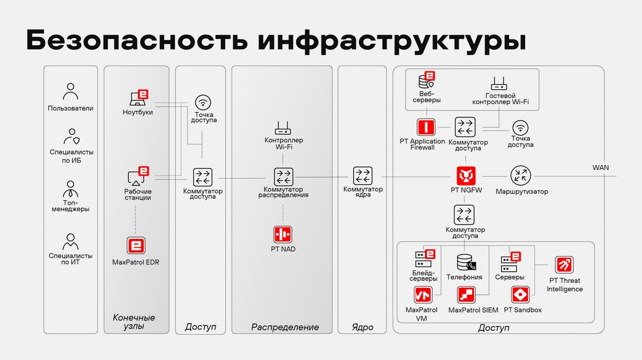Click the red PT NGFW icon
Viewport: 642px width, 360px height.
pos(464,174)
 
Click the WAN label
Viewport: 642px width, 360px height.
pos(600,167)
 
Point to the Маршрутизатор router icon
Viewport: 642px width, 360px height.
pos(520,175)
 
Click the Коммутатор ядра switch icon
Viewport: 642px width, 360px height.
pos(362,175)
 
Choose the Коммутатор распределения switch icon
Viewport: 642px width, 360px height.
pos(283,176)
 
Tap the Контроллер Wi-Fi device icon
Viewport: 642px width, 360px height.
pos(283,129)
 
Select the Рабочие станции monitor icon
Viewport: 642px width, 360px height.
pos(137,176)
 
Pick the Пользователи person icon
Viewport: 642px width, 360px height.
pos(70,92)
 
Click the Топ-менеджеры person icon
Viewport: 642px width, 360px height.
pos(70,189)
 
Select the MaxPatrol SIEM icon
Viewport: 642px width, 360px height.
pos(466,295)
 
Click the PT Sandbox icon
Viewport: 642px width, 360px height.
pos(521,295)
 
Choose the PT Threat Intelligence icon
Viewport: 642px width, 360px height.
pos(564,265)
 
